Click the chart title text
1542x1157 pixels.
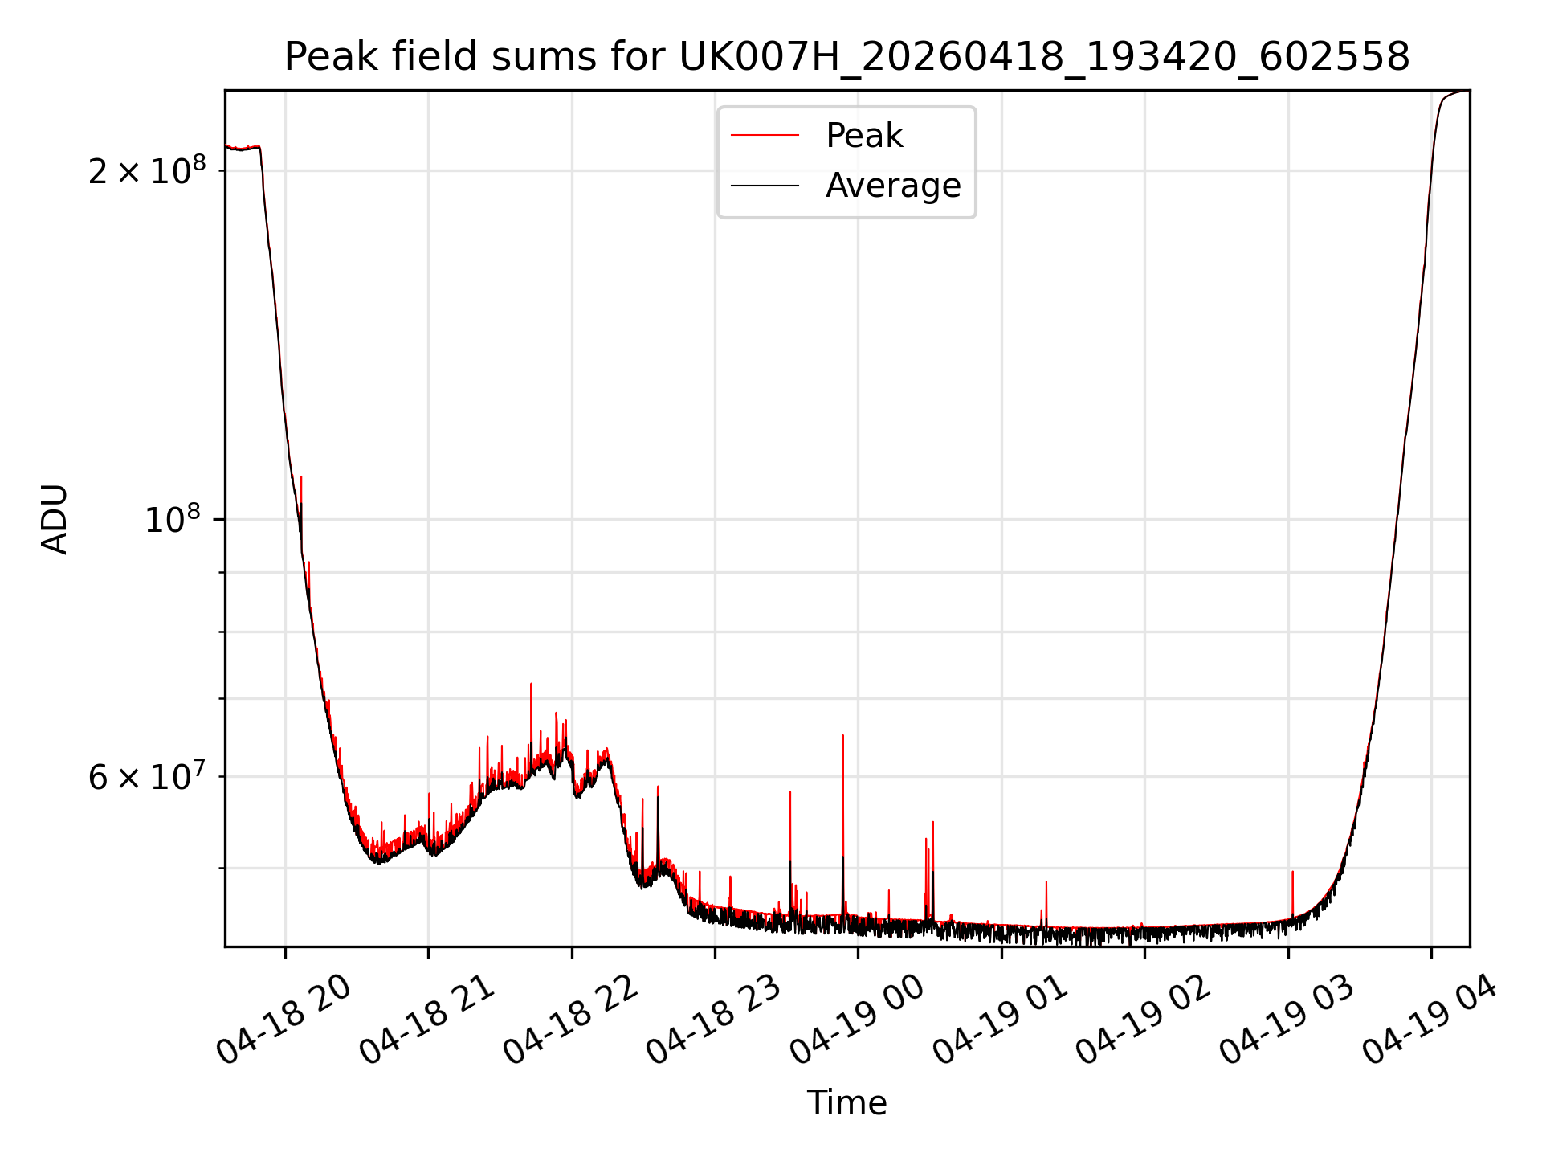pyautogui.click(x=847, y=57)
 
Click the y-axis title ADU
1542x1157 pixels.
pyautogui.click(x=55, y=519)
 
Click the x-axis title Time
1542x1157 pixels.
pyautogui.click(x=847, y=1103)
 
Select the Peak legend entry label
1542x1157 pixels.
pyautogui.click(x=864, y=136)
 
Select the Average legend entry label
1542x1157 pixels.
pyautogui.click(x=893, y=186)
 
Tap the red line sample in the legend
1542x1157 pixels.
pyautogui.click(x=765, y=136)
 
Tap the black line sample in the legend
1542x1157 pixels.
pyautogui.click(x=765, y=186)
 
